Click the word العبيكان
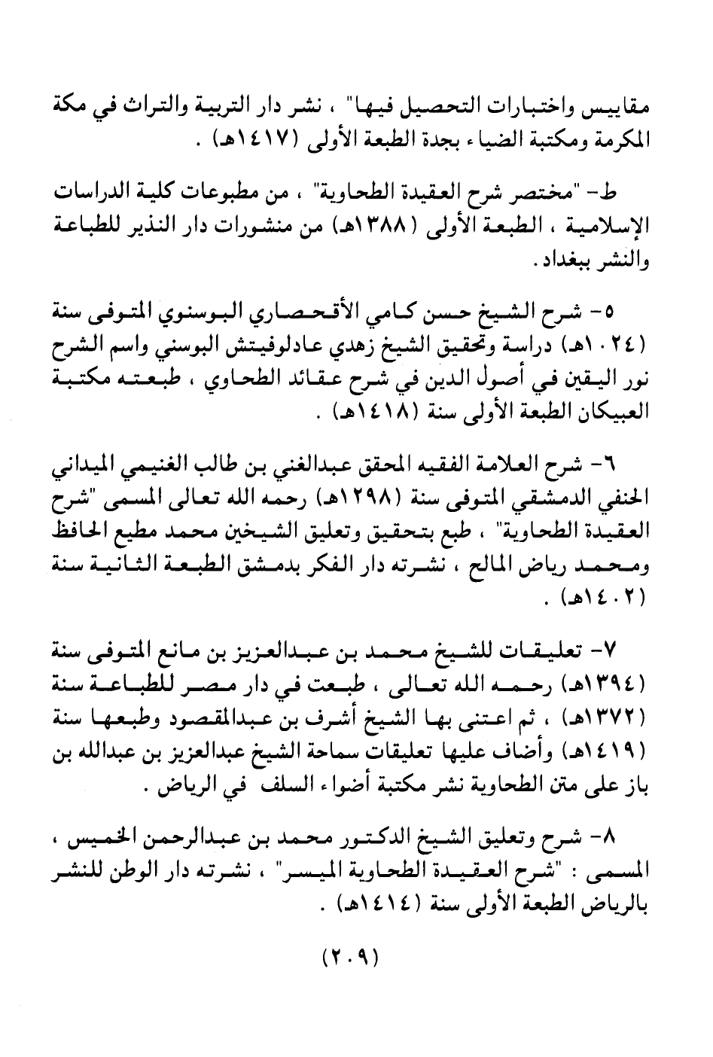(616, 415)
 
